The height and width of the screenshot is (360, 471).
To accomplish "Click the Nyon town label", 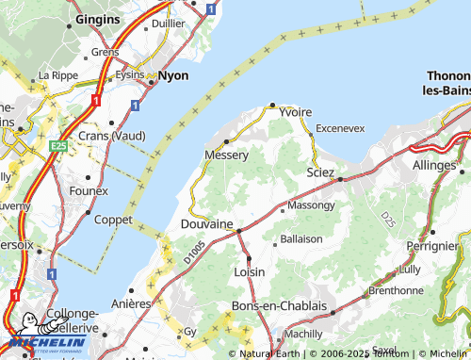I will click(173, 74).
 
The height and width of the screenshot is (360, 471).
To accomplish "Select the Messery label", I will click(226, 155).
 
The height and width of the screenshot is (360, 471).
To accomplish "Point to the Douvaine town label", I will click(206, 223).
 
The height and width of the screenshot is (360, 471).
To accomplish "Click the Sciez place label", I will click(321, 172).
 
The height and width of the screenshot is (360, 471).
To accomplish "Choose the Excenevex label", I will click(340, 127).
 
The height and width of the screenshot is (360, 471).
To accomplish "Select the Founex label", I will click(89, 190).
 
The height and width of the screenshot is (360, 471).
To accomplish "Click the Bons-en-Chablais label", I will click(279, 306).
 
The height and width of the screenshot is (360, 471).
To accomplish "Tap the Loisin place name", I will click(249, 271).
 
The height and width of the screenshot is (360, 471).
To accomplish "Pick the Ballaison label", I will click(301, 240).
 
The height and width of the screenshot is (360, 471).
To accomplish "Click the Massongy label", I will click(311, 205).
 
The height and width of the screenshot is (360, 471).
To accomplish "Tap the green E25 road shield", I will click(59, 146).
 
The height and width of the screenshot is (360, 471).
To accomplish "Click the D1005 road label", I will click(194, 251).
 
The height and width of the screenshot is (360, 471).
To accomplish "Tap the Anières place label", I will click(132, 303).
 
